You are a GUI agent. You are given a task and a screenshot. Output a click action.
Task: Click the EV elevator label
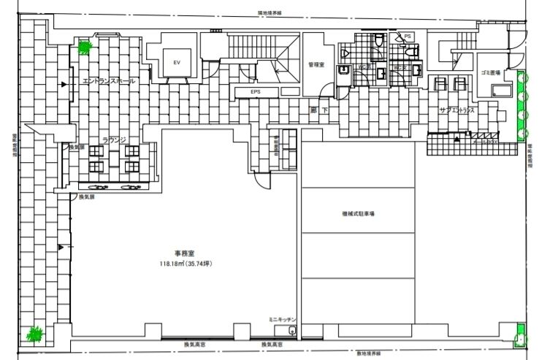[176, 63]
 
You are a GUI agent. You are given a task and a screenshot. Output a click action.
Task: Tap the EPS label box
[255, 91]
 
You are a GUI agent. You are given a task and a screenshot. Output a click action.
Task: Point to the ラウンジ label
[115, 138]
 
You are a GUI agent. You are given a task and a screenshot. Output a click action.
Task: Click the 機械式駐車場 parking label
[357, 214]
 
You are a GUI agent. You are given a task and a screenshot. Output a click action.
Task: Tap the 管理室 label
[316, 65]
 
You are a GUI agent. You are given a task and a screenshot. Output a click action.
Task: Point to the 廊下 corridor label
[316, 110]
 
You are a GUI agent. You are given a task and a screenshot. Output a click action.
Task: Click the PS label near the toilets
[408, 36]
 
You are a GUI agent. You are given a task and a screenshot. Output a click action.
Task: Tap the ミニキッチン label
[283, 319]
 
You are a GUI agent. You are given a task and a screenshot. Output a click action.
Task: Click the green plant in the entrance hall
[85, 48]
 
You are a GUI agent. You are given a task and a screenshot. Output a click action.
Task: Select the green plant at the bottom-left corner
[34, 334]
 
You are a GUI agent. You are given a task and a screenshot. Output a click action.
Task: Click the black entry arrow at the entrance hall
[64, 85]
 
